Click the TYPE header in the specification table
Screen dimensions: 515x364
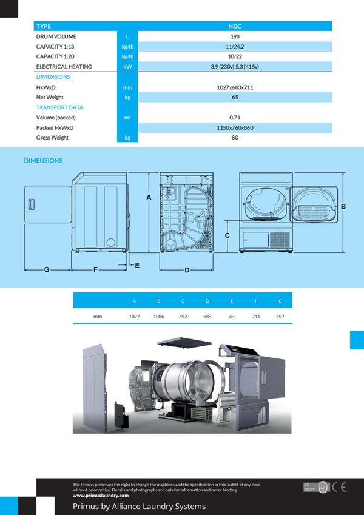pyautogui.click(x=44, y=26)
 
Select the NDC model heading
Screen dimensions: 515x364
pyautogui.click(x=235, y=26)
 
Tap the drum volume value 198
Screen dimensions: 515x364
pyautogui.click(x=235, y=36)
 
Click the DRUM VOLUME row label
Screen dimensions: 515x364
pyautogui.click(x=56, y=36)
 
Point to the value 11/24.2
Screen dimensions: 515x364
pyautogui.click(x=235, y=47)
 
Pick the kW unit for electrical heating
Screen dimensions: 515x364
pyautogui.click(x=127, y=67)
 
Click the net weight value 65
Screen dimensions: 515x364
pyautogui.click(x=235, y=97)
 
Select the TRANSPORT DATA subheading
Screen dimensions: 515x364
pyautogui.click(x=59, y=107)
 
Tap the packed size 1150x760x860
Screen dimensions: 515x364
pyautogui.click(x=235, y=127)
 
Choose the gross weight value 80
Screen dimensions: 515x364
pyautogui.click(x=235, y=138)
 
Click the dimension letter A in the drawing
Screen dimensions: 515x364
pyautogui.click(x=149, y=197)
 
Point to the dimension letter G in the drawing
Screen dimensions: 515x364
pyautogui.click(x=47, y=269)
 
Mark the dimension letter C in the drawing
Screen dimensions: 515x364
pyautogui.click(x=227, y=234)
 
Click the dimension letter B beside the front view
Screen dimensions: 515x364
pyautogui.click(x=343, y=206)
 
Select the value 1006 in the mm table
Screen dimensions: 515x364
pyautogui.click(x=158, y=317)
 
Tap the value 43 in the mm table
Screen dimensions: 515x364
pyautogui.click(x=231, y=317)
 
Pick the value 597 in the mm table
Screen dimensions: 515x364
pyautogui.click(x=280, y=317)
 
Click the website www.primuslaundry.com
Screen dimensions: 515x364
pyautogui.click(x=101, y=496)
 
